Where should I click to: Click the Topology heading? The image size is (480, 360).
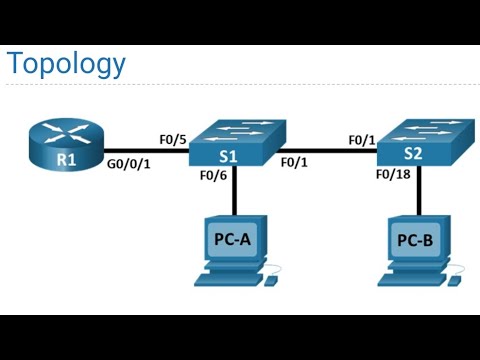66,64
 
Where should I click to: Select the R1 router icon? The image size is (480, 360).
65,150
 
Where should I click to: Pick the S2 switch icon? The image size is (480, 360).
421,148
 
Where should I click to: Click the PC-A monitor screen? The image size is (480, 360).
232,241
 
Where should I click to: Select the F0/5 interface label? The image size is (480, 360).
173,140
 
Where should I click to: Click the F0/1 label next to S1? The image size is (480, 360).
294,161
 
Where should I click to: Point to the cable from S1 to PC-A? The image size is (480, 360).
234,195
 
